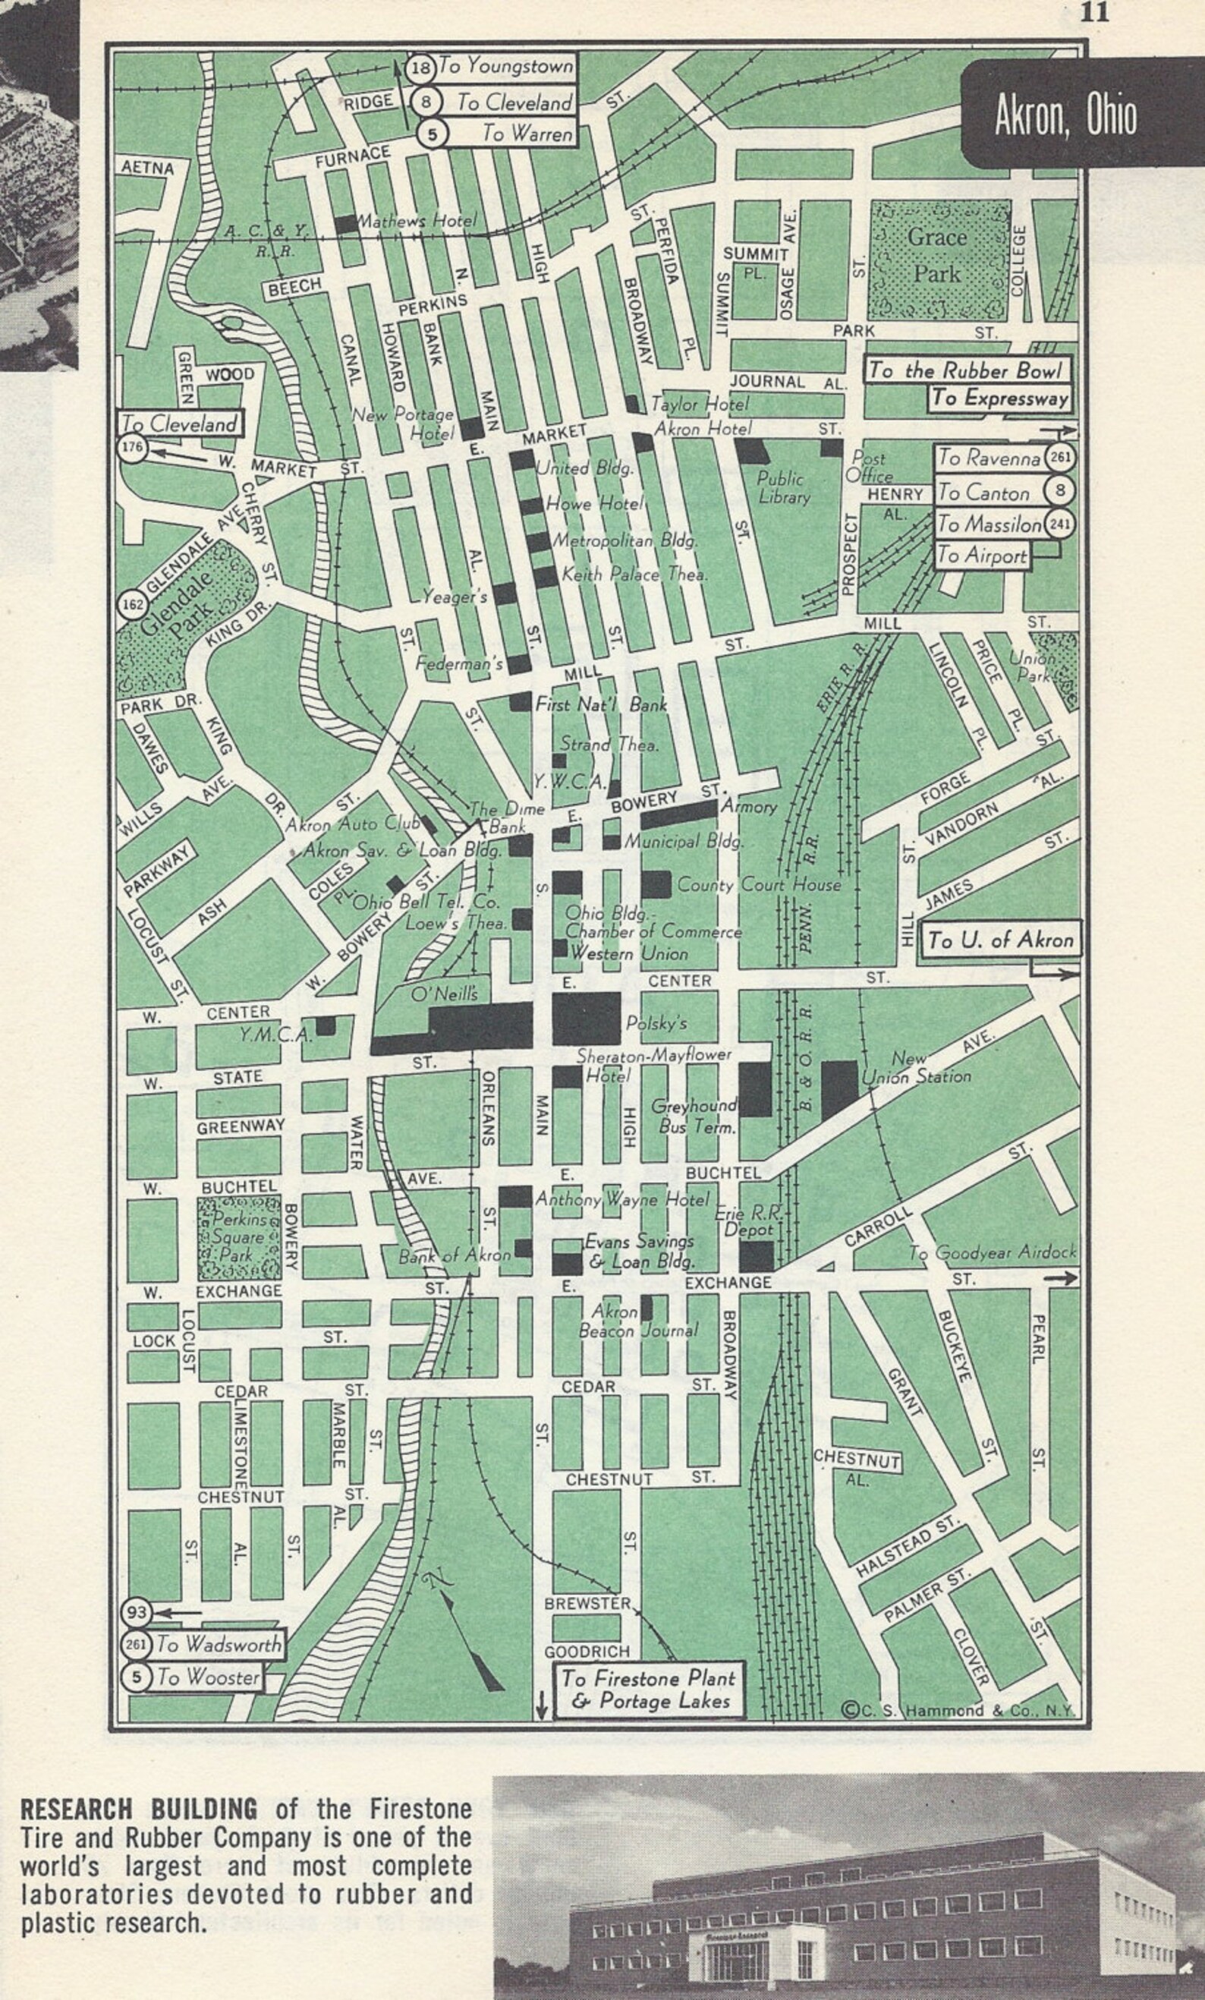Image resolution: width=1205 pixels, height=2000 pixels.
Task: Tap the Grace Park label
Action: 937,255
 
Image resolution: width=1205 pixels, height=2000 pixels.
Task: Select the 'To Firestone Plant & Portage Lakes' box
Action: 648,1689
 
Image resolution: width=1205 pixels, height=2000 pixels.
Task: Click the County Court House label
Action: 759,885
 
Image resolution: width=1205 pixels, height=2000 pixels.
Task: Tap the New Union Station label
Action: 917,1068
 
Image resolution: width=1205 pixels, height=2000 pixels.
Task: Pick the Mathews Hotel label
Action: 417,220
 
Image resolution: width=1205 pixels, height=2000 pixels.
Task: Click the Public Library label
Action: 783,487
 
